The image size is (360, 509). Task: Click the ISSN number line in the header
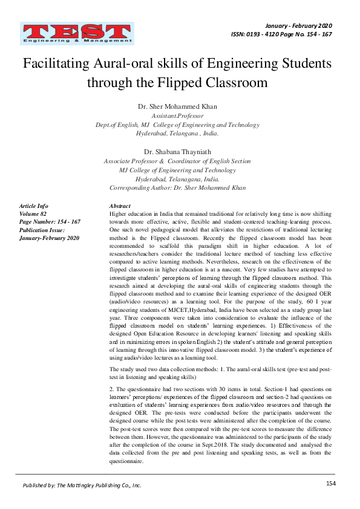tap(281, 34)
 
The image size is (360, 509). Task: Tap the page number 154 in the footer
tap(330, 483)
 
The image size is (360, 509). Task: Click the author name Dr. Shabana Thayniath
tap(177, 152)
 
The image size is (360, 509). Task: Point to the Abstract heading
tap(120, 206)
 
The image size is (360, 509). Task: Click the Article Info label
tap(34, 206)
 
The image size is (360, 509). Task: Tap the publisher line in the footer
tap(82, 485)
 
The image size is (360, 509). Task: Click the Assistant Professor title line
tap(176, 116)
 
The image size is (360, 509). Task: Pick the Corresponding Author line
tap(177, 188)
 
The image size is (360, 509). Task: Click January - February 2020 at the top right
tap(299, 25)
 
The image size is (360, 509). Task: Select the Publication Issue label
tap(45, 230)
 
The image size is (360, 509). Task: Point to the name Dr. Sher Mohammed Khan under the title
tap(177, 107)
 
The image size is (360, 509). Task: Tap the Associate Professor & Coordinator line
tap(177, 161)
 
